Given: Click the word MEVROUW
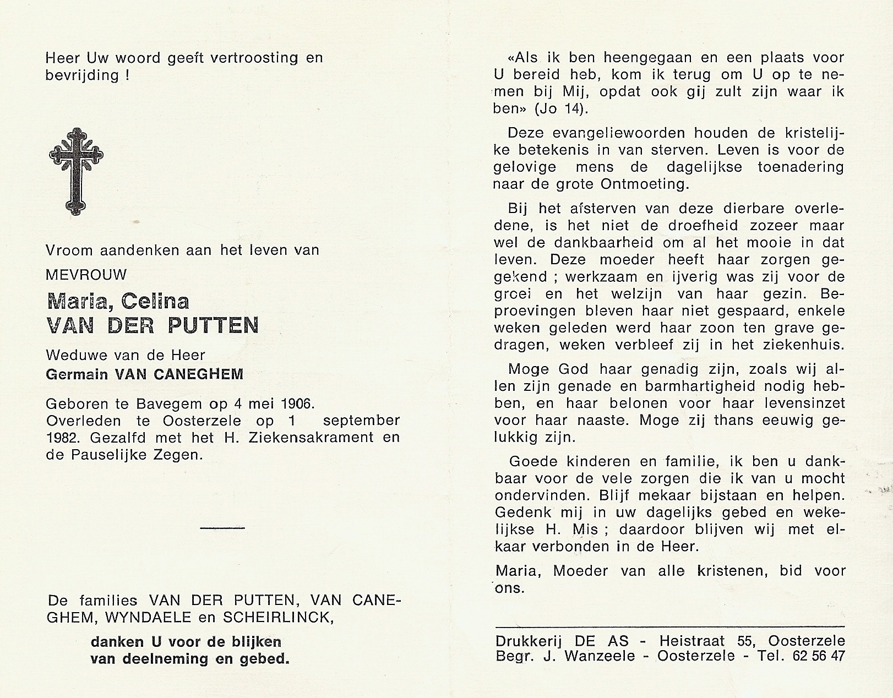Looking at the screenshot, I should (86, 274).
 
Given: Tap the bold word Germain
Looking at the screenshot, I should (77, 374).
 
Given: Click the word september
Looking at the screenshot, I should (361, 421).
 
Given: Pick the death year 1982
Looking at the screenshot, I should (62, 438).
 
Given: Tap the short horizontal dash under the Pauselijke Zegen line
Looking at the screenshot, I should (222, 528).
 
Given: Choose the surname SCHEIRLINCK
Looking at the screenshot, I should (277, 618).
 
